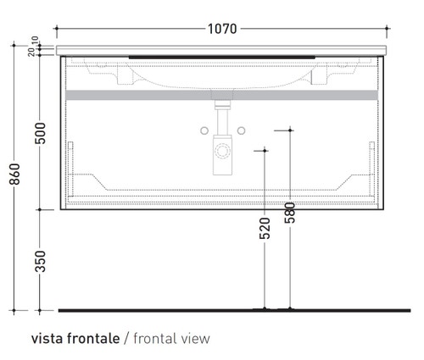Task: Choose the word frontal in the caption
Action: point(156,338)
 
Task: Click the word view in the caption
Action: point(196,338)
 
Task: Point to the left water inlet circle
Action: point(205,130)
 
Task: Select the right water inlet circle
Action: point(242,130)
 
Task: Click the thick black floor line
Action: point(220,308)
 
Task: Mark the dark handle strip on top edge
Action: point(222,55)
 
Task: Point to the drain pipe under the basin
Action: point(223,119)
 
